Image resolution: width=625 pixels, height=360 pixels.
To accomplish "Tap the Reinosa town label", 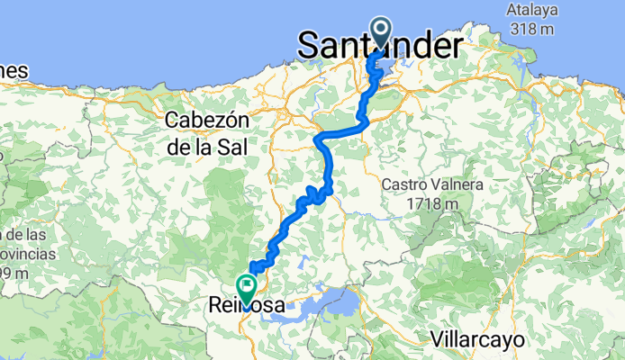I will tap(245, 306).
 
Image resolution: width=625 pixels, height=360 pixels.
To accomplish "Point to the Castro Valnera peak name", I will tap(432, 184).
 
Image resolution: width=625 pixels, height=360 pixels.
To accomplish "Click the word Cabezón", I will tap(208, 121).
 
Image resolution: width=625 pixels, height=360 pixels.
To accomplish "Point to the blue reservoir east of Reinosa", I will tap(335, 304).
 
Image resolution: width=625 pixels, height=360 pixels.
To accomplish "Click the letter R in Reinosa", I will tap(213, 306).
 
